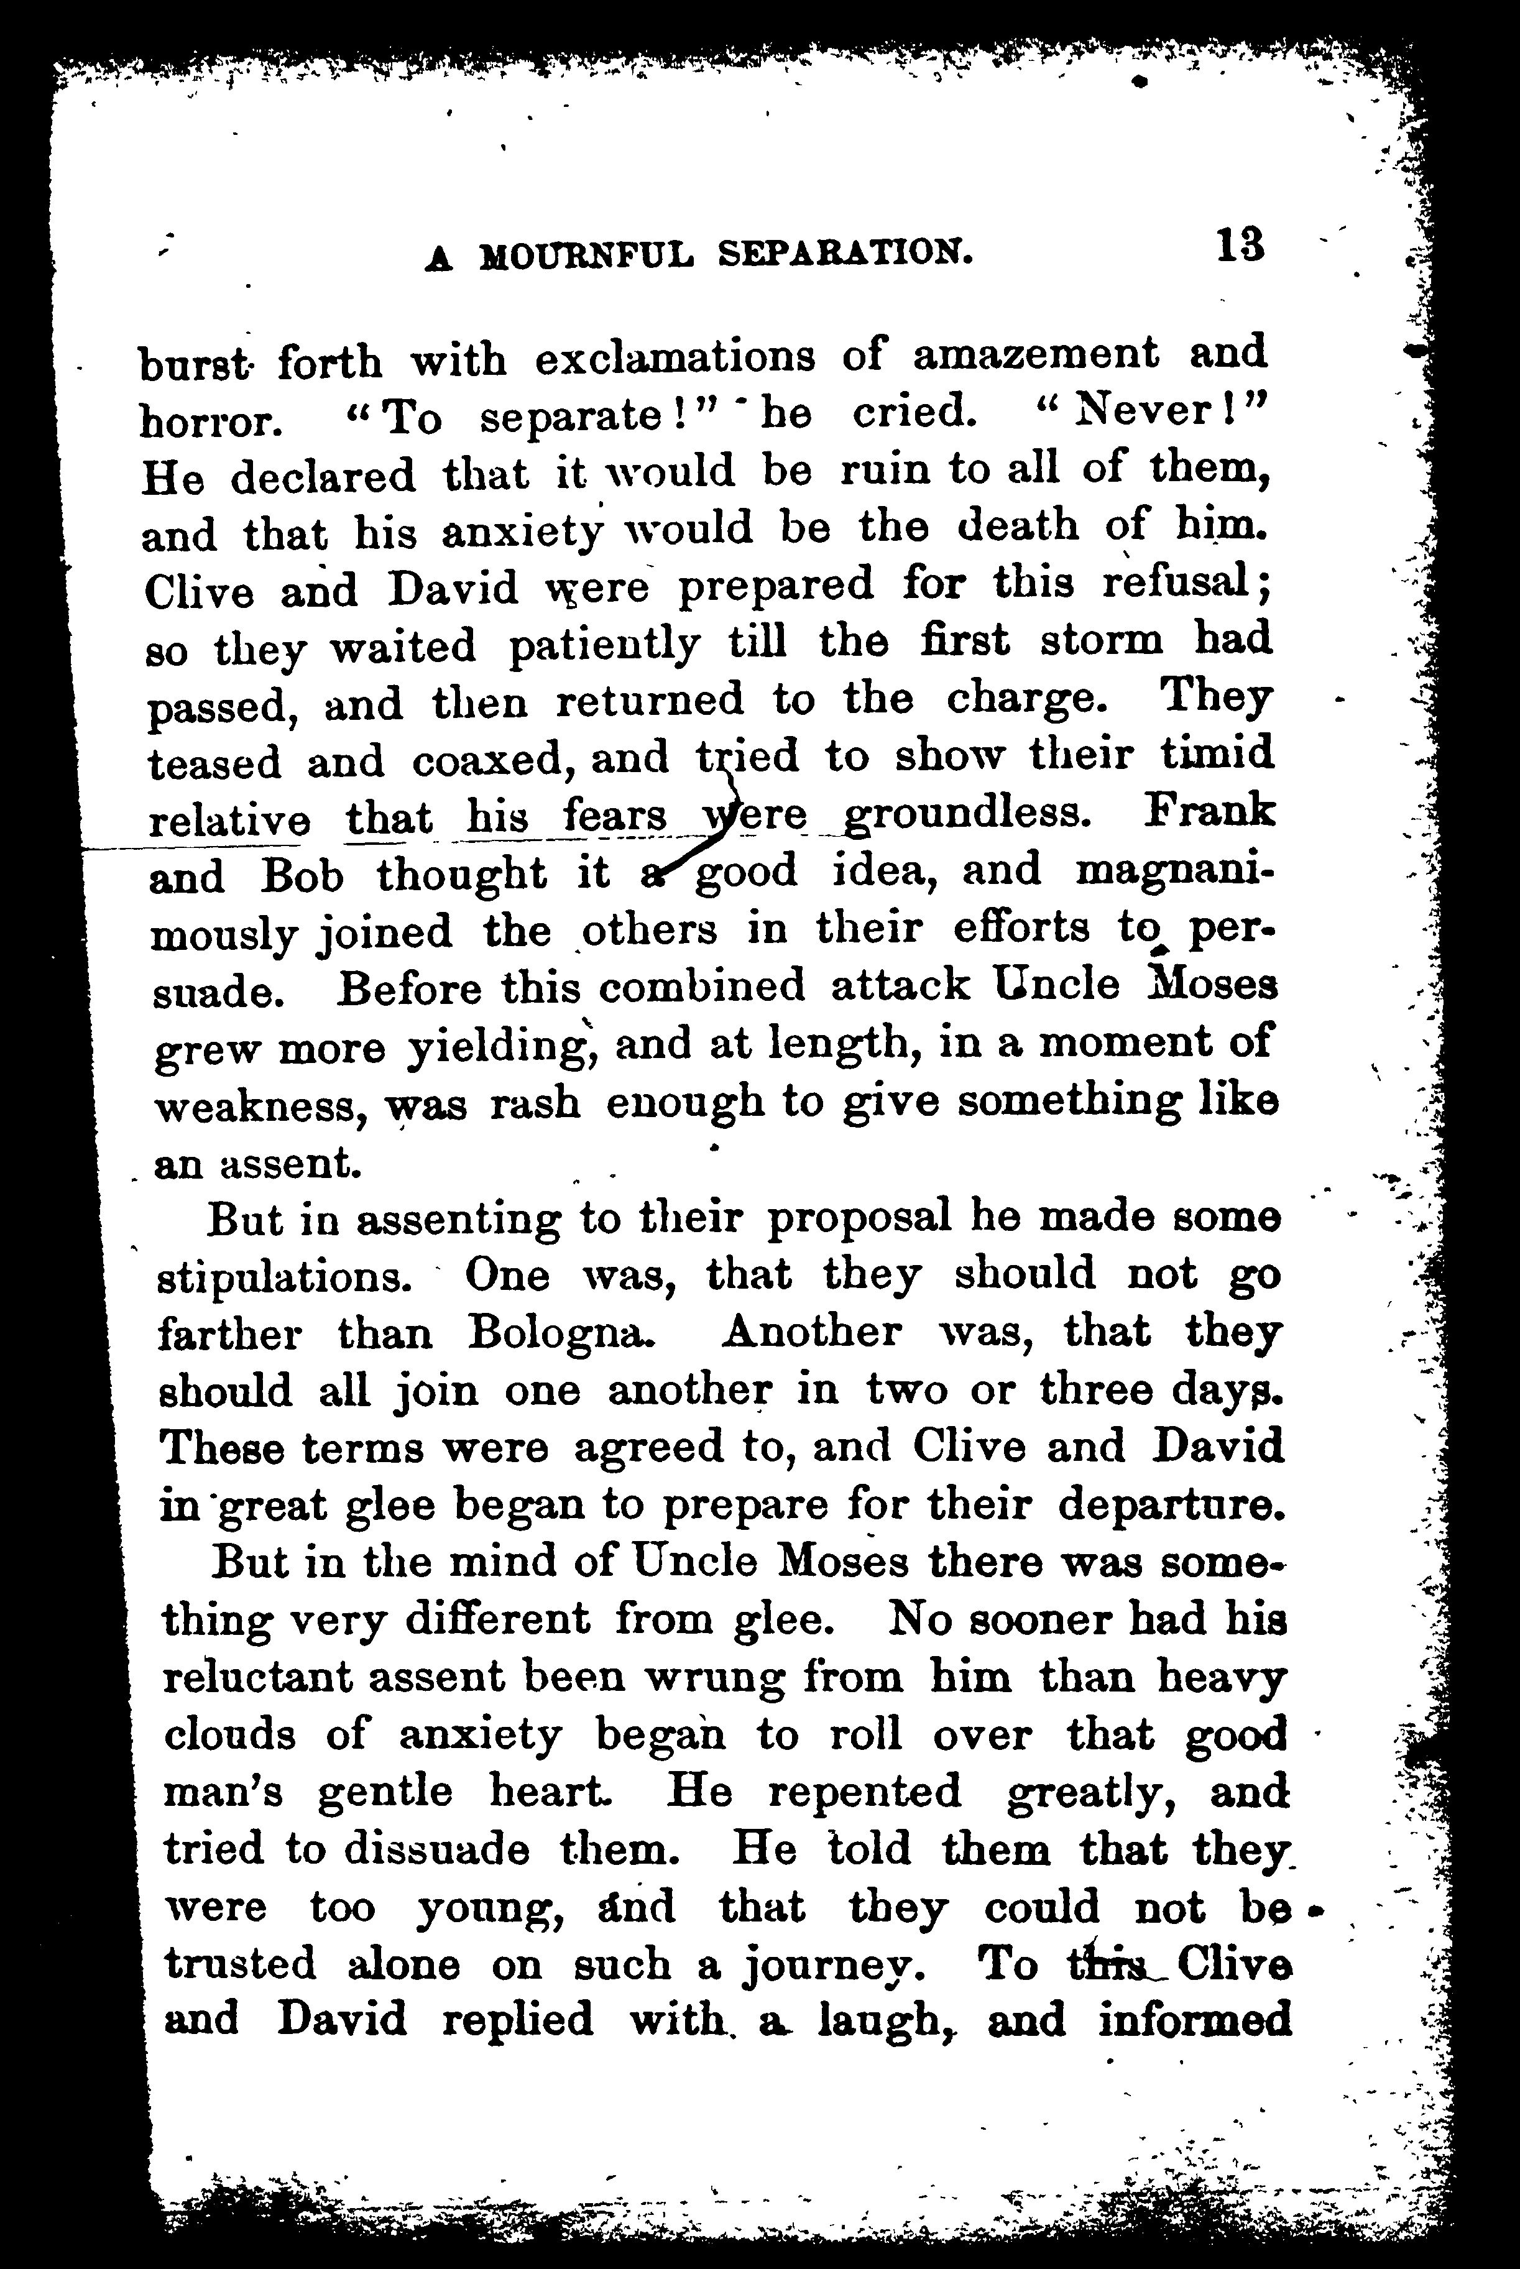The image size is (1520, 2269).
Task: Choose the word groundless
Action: pos(965,815)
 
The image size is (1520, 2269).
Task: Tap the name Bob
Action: pos(303,876)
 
